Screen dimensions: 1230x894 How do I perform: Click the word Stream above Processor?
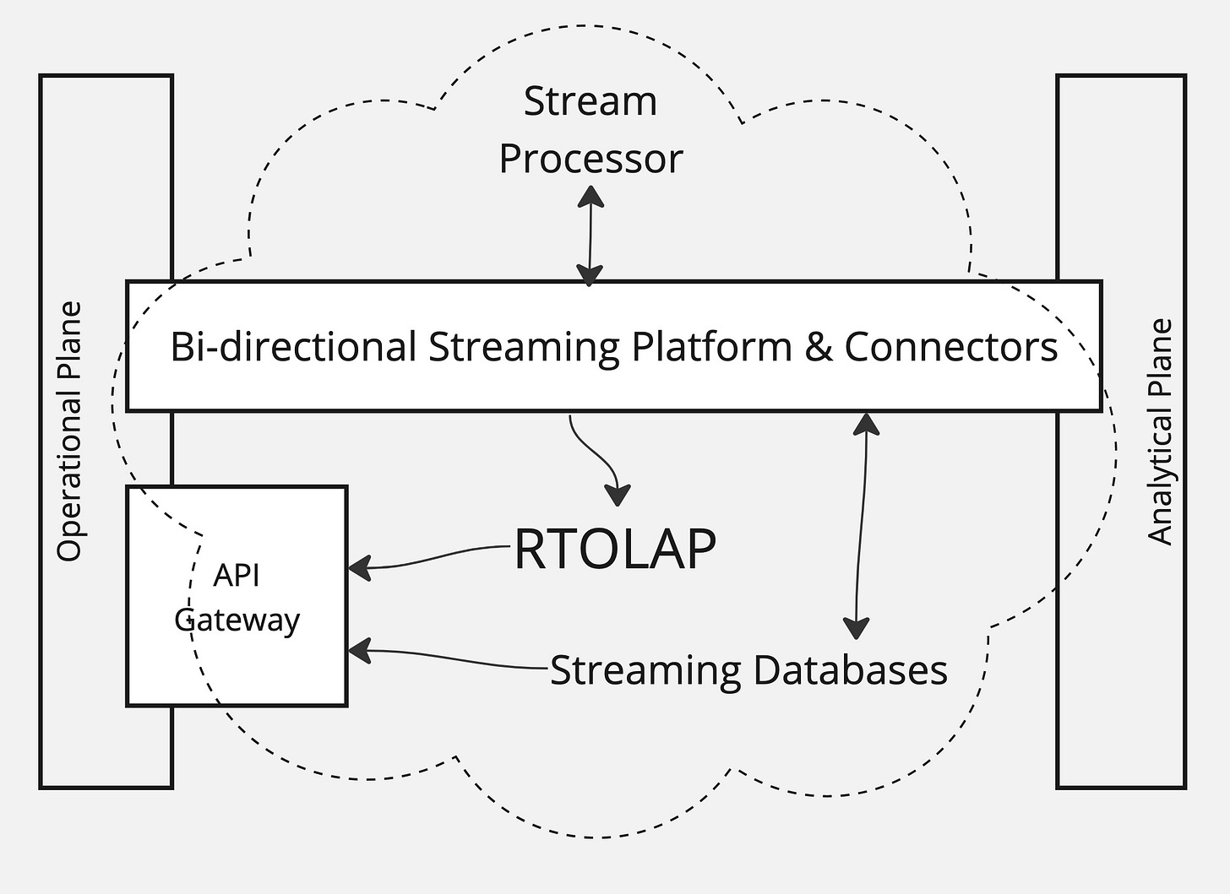click(x=591, y=101)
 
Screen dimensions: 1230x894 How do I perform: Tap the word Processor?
click(x=591, y=159)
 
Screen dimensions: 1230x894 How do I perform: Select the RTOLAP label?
click(x=615, y=549)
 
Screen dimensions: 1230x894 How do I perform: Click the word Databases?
click(x=850, y=670)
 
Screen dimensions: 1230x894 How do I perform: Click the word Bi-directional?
click(x=293, y=346)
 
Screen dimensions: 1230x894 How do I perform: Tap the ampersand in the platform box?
click(x=818, y=347)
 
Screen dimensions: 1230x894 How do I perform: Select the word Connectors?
click(x=951, y=347)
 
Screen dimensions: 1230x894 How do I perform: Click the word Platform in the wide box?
click(x=711, y=346)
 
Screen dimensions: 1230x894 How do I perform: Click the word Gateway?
click(x=237, y=621)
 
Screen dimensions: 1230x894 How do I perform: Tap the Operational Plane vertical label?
click(x=69, y=431)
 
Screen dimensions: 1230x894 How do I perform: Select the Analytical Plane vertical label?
click(x=1160, y=432)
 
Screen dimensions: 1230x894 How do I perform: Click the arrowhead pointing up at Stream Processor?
click(x=591, y=197)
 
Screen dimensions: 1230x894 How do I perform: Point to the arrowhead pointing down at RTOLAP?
click(x=618, y=495)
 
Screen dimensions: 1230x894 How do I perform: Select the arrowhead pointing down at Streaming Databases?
click(x=856, y=629)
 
